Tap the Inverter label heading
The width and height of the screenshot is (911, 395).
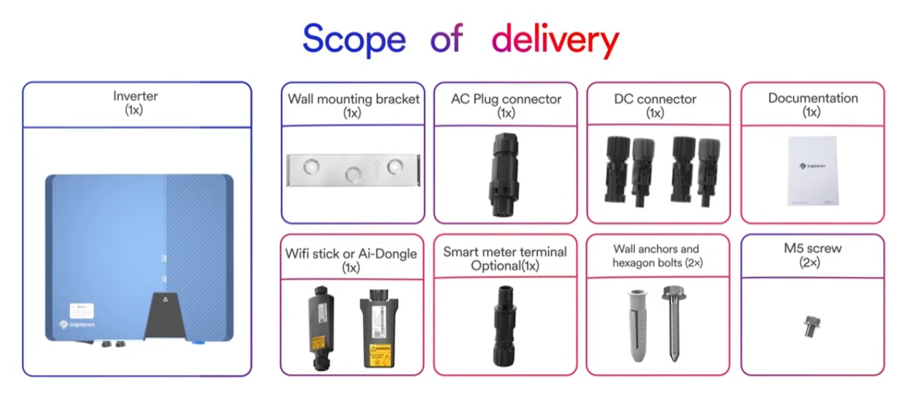tap(135, 96)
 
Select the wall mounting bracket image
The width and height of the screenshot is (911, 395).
tap(353, 171)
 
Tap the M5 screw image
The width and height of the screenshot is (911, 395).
tap(809, 327)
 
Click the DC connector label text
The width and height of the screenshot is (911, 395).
tap(655, 99)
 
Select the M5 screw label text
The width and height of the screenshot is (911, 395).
tap(812, 248)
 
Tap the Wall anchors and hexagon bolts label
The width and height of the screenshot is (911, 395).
tap(656, 256)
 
